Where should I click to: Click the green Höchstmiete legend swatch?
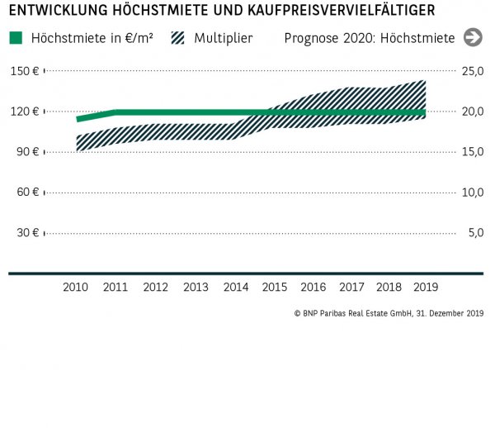(16, 38)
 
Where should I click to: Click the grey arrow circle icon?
(473, 37)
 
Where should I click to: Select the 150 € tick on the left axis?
(25, 71)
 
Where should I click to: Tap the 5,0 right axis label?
(475, 232)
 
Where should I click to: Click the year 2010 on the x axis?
(77, 287)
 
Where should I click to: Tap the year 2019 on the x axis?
(425, 287)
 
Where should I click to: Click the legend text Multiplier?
(224, 38)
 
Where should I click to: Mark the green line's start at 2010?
(78, 119)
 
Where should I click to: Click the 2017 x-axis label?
(352, 287)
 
